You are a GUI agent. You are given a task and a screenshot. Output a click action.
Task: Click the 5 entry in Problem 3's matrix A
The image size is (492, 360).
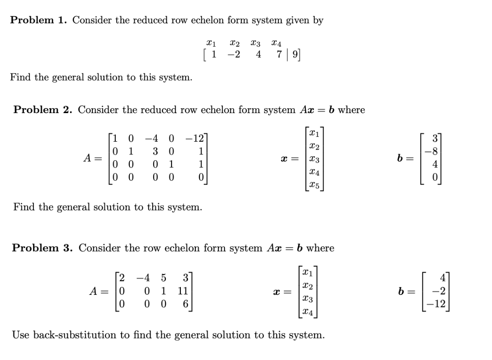[x=164, y=278]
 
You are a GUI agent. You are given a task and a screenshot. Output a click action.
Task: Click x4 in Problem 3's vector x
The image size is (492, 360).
[x=308, y=312]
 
